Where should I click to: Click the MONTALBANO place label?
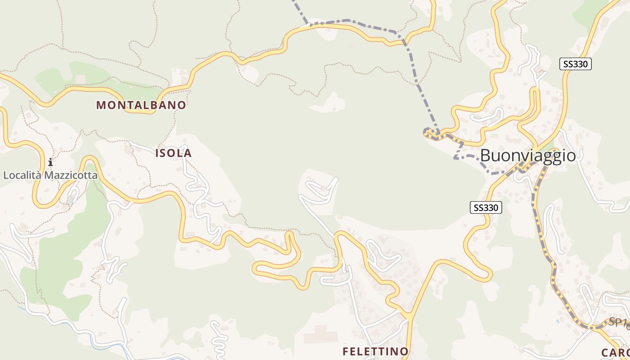pos(141,105)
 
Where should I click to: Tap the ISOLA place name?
pos(174,153)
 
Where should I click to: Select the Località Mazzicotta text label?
pos(50,175)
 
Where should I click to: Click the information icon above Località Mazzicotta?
pos(50,162)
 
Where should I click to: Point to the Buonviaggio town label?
pos(528,156)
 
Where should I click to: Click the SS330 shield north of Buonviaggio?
pos(576,64)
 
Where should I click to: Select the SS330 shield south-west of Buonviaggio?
pos(486,207)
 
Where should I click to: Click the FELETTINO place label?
pos(376,351)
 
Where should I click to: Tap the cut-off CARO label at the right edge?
pos(615,352)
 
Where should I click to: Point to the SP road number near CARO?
pos(618,322)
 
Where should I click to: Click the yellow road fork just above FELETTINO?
pos(409,316)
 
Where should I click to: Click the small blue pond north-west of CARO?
pos(558,321)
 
